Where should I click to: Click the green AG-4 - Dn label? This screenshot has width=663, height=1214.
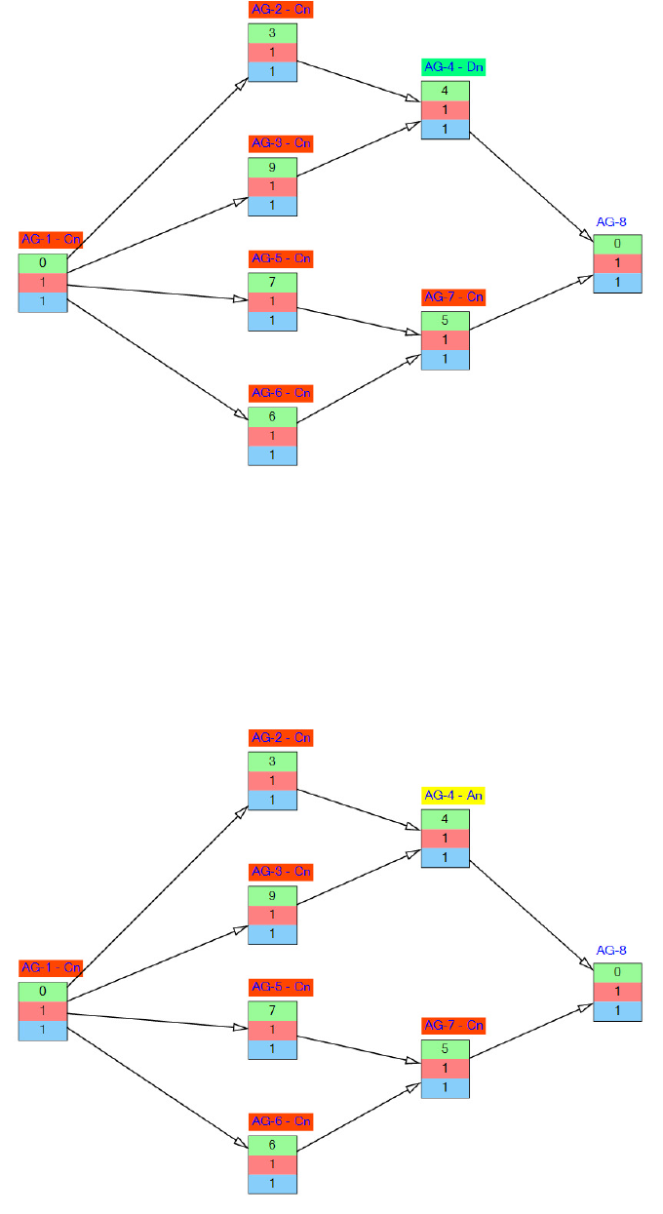(x=453, y=67)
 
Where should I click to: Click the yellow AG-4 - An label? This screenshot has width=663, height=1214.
(x=453, y=796)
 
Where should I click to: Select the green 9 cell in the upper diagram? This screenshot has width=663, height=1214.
(x=272, y=167)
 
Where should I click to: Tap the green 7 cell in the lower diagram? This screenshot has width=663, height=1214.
(x=272, y=1010)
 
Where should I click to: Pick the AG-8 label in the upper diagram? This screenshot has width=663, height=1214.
(x=611, y=222)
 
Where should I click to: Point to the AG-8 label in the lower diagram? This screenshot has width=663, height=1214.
(x=611, y=950)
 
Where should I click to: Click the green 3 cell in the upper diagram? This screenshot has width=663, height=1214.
(x=272, y=33)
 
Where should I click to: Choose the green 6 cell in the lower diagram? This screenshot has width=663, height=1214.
(x=272, y=1145)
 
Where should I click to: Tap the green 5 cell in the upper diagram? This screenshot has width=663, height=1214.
(x=446, y=321)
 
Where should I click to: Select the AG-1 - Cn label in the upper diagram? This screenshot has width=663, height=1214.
(x=51, y=240)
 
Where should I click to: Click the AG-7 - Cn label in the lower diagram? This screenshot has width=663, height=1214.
(x=453, y=1026)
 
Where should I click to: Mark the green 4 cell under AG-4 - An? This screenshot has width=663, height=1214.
(x=446, y=819)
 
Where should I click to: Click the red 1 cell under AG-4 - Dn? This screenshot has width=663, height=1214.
(x=446, y=110)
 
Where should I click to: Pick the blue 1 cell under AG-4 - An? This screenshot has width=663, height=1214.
(x=446, y=858)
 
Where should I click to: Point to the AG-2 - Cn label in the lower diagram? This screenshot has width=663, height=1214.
(x=281, y=738)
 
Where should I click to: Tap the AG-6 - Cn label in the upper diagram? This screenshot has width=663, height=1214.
(x=281, y=393)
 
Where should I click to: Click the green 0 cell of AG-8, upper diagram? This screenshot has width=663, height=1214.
(x=618, y=244)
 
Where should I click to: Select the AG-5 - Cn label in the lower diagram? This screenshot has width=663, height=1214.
(x=281, y=987)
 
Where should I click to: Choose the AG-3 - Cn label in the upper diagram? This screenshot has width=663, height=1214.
(x=281, y=143)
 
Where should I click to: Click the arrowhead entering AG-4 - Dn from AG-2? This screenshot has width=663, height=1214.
(x=413, y=98)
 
